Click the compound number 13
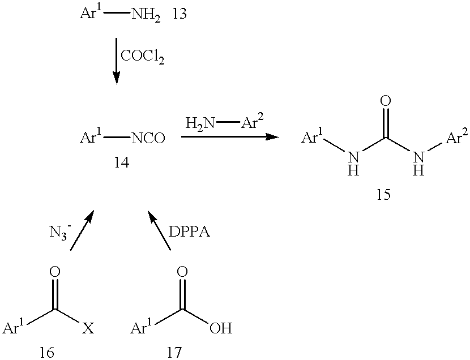click(x=180, y=14)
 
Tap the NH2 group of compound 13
click(x=146, y=15)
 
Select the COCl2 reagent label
click(x=142, y=56)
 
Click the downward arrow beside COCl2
click(x=116, y=61)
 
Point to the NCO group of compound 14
click(x=148, y=138)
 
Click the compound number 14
click(x=122, y=163)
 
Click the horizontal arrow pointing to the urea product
click(x=230, y=137)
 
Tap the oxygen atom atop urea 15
click(x=386, y=101)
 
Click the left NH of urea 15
click(x=353, y=164)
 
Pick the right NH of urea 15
click(x=418, y=164)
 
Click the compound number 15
click(x=384, y=195)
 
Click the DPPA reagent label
click(x=189, y=232)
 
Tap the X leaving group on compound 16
click(x=88, y=328)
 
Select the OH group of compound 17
click(x=221, y=328)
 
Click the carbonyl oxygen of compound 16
click(x=55, y=272)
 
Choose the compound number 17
click(x=174, y=352)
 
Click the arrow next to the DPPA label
click(x=159, y=230)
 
